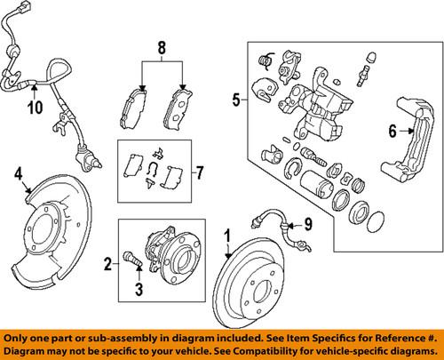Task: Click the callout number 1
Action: (226, 236)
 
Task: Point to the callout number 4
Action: (17, 175)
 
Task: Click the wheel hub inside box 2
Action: (172, 262)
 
